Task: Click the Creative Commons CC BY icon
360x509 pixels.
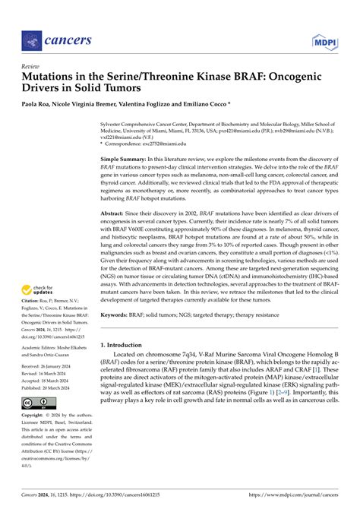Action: [36, 402]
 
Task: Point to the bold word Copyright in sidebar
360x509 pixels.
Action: [35, 416]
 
